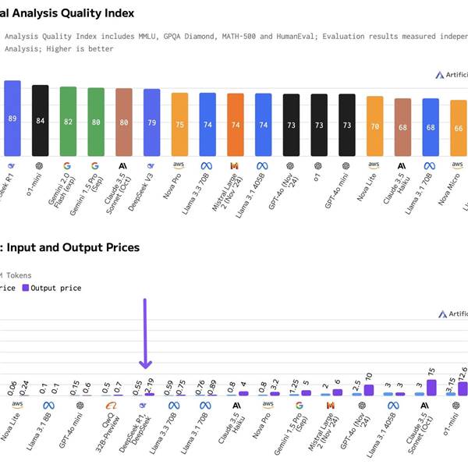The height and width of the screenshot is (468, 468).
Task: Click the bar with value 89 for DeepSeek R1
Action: tap(12, 119)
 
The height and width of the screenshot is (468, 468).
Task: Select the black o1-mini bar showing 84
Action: tap(40, 121)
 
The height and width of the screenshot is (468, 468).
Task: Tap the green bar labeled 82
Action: tap(68, 122)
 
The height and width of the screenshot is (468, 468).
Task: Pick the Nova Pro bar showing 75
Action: tap(179, 125)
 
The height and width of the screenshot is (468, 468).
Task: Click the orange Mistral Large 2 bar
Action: tap(235, 125)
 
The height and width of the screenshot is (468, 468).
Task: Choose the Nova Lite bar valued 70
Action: tap(374, 126)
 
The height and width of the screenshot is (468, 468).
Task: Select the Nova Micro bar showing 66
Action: tap(458, 129)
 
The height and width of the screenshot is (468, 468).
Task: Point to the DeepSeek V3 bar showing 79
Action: tap(151, 122)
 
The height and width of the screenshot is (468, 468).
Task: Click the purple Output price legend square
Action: tap(25, 288)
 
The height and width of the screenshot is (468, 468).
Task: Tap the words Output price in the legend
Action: tap(55, 288)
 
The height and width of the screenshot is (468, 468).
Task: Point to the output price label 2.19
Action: tap(150, 383)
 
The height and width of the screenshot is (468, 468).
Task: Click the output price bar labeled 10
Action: tap(369, 388)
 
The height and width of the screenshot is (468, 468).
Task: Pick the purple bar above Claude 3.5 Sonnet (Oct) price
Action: tap(431, 387)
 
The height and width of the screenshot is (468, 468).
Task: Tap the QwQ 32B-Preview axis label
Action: tap(111, 429)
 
